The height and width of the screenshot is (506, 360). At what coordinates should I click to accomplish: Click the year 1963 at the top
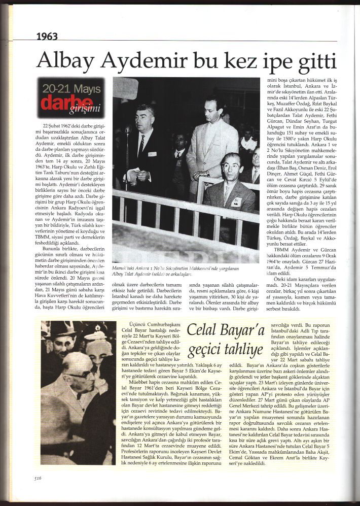coord(48,36)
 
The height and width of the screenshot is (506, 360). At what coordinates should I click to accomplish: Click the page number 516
coord(38,478)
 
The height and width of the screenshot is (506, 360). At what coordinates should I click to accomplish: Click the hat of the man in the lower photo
coord(62,330)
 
